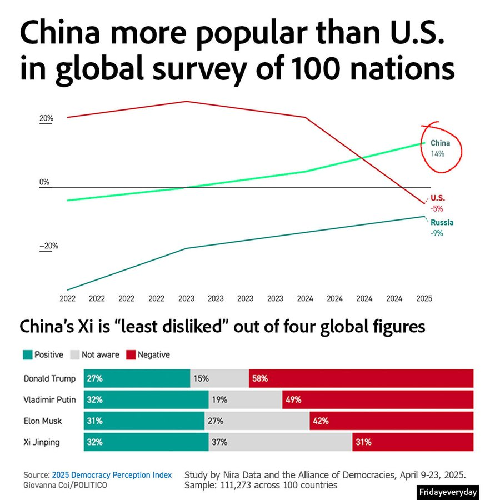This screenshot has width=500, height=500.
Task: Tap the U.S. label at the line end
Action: click(x=438, y=198)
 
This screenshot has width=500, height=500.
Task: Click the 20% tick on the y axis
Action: click(x=46, y=118)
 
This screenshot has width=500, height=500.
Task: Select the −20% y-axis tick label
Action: click(x=48, y=246)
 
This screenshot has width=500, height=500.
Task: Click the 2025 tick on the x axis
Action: click(x=424, y=298)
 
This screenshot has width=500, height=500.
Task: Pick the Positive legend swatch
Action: click(x=27, y=354)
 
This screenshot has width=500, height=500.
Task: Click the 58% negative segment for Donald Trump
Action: click(x=361, y=379)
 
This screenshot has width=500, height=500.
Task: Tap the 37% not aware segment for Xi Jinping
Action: click(x=280, y=442)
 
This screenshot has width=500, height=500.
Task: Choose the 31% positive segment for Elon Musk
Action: click(x=144, y=421)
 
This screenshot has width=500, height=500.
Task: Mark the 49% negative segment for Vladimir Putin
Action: click(x=378, y=399)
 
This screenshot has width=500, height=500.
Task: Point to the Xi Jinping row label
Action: click(x=42, y=442)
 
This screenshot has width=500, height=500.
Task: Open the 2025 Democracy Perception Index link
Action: click(x=112, y=475)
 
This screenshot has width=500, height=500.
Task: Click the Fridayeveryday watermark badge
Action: click(x=447, y=492)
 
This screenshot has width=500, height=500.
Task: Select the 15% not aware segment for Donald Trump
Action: click(x=219, y=379)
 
